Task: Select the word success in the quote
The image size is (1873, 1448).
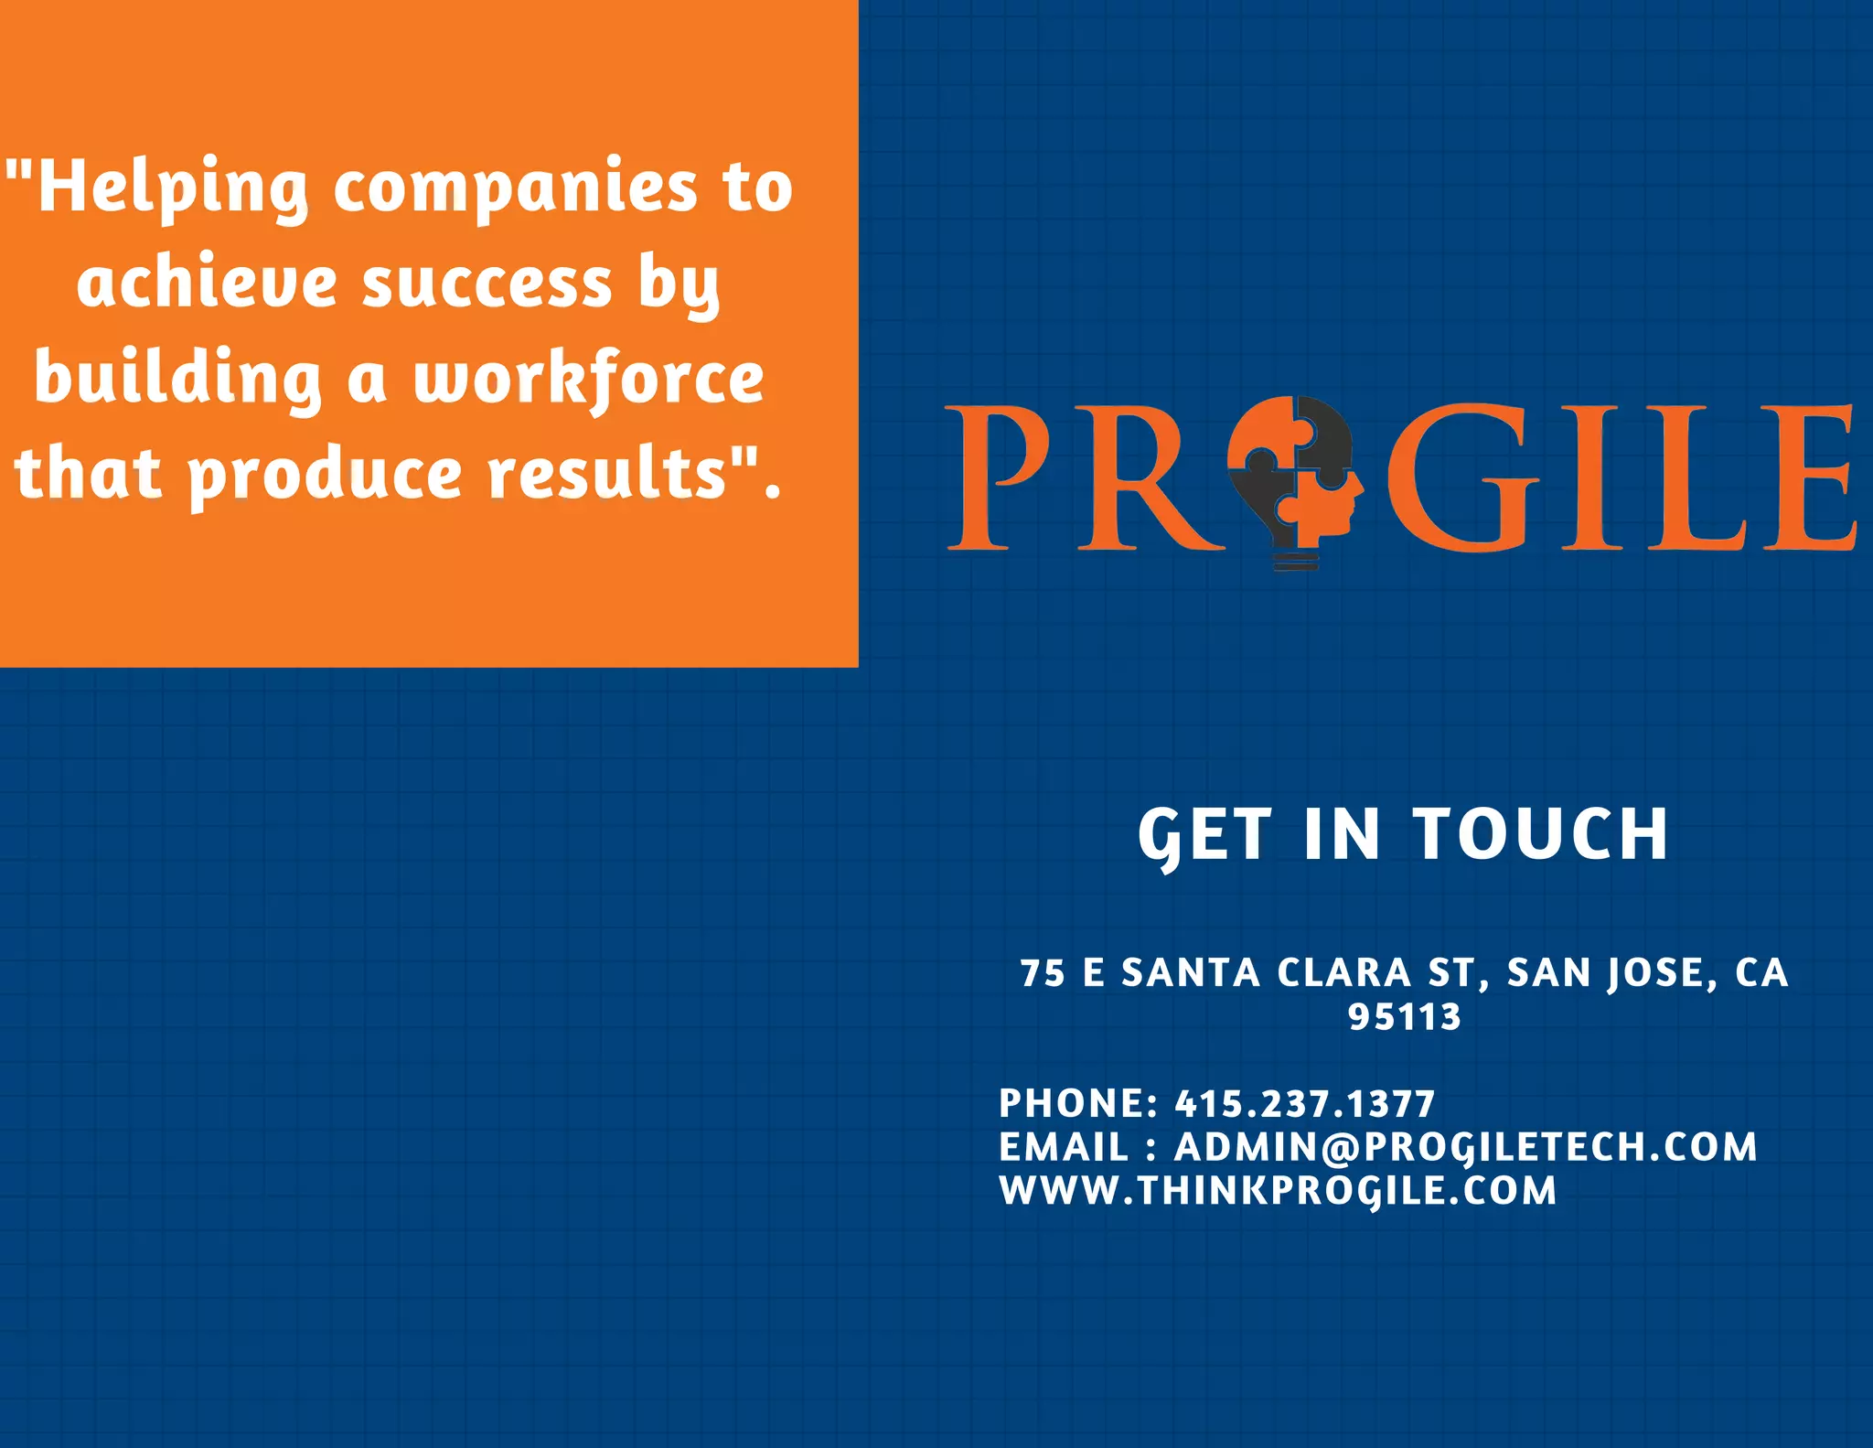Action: point(487,283)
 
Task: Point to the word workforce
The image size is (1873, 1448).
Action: point(588,379)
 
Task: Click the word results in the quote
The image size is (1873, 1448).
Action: point(622,473)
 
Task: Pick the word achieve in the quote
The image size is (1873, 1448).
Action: point(207,283)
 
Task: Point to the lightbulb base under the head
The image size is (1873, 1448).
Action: point(1296,558)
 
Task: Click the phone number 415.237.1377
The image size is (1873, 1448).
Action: point(1305,1104)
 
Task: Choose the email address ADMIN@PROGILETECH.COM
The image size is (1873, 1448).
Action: point(1465,1147)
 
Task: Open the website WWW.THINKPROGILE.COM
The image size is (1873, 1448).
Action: point(1278,1191)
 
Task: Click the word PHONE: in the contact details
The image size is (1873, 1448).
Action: point(1078,1104)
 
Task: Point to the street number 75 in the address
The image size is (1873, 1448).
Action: point(1043,973)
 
